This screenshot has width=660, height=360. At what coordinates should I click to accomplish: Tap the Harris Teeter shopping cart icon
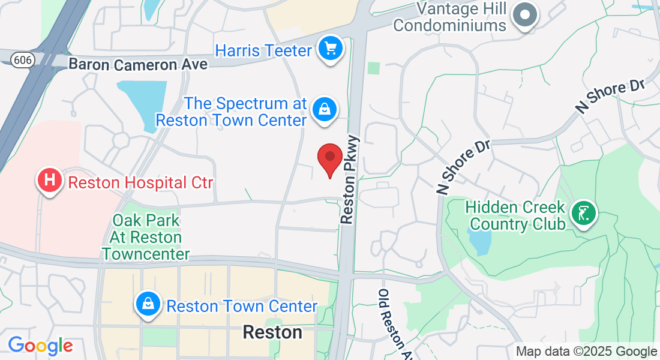pos(329,48)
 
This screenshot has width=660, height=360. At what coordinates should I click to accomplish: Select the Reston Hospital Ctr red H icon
pos(50,180)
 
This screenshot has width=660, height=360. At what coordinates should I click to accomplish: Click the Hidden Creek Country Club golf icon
pos(583,212)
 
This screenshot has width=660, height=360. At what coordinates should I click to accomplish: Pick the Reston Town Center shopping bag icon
pos(148,304)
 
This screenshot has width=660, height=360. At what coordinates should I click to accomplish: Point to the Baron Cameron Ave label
pos(138,64)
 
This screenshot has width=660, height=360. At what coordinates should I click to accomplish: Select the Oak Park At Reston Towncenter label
pos(146,237)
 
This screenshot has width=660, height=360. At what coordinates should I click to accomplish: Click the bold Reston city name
pos(272,332)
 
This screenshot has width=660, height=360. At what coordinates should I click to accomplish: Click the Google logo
pos(40,345)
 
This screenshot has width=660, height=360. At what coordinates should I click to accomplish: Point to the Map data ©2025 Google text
pos(586,352)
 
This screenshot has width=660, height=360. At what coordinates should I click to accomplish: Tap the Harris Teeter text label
pos(264,50)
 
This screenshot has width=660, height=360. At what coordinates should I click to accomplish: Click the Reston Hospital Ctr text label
pos(140,182)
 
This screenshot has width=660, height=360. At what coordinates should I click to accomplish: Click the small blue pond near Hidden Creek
pos(481,241)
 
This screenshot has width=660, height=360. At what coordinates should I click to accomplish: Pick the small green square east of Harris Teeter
pos(374,68)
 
